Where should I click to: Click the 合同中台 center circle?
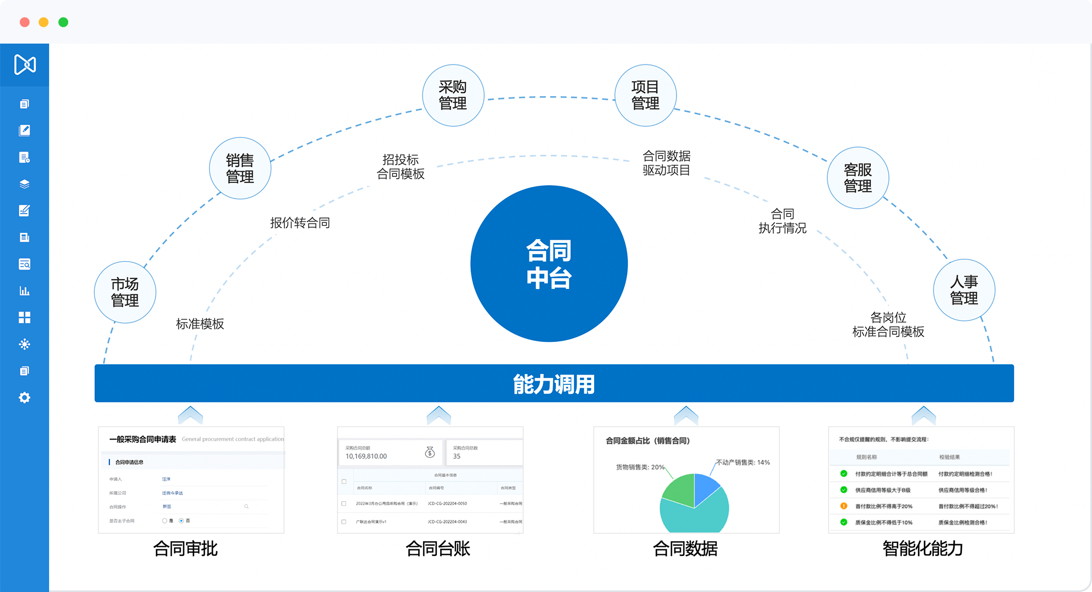coord(549,264)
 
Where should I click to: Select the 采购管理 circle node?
coord(453,96)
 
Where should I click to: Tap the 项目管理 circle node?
coord(645,96)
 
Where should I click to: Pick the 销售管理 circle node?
coord(240,168)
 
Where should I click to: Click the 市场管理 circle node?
coord(125,292)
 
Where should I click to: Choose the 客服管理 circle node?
coord(858,178)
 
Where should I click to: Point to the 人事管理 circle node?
coord(964,290)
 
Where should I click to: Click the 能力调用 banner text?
coord(554,384)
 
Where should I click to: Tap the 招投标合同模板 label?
coord(401,167)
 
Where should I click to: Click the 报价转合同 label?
coord(300,223)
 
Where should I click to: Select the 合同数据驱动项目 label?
coord(666,163)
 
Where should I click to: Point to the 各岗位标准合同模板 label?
coord(888,324)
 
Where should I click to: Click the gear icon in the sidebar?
coord(25,398)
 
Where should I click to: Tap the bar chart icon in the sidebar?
coord(25,291)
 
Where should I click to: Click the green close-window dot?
coord(63,22)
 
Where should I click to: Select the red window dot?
coord(25,22)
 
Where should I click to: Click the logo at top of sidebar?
coord(25,64)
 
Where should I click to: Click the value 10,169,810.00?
coord(366,457)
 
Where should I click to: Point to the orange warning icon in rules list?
coord(844,506)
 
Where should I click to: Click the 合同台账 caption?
coord(438,548)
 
